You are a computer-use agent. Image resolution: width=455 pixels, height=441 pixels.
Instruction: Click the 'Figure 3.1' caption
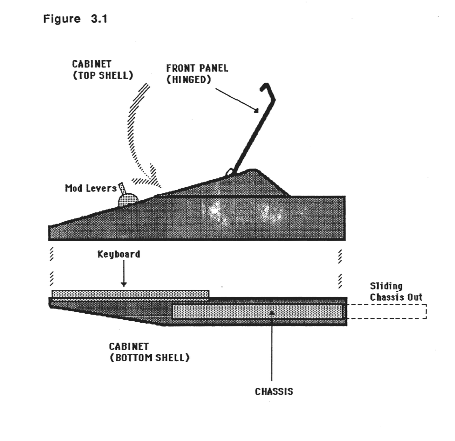(75, 19)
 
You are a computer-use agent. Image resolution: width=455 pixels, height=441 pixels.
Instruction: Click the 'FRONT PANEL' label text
(197, 68)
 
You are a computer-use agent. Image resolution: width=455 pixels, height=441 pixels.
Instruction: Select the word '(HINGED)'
(189, 79)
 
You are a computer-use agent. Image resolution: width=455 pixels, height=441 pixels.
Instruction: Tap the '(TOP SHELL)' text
(103, 75)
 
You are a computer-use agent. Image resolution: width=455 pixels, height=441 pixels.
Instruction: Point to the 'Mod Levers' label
(90, 188)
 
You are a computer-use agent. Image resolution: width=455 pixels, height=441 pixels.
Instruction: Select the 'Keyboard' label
(118, 254)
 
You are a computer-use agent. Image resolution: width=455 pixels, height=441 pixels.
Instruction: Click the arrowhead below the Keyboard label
(123, 284)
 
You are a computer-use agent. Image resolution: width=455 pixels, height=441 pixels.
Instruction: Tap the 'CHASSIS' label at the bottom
(274, 391)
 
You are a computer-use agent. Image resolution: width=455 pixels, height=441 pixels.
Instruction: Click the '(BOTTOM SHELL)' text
(150, 358)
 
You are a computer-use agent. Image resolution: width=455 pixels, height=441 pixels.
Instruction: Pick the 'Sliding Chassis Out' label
(395, 292)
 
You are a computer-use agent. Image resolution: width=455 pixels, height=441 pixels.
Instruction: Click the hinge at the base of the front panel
(230, 171)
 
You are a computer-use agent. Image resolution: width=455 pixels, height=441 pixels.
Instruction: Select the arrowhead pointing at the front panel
(256, 110)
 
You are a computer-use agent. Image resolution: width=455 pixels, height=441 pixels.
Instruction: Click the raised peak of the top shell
(253, 171)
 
